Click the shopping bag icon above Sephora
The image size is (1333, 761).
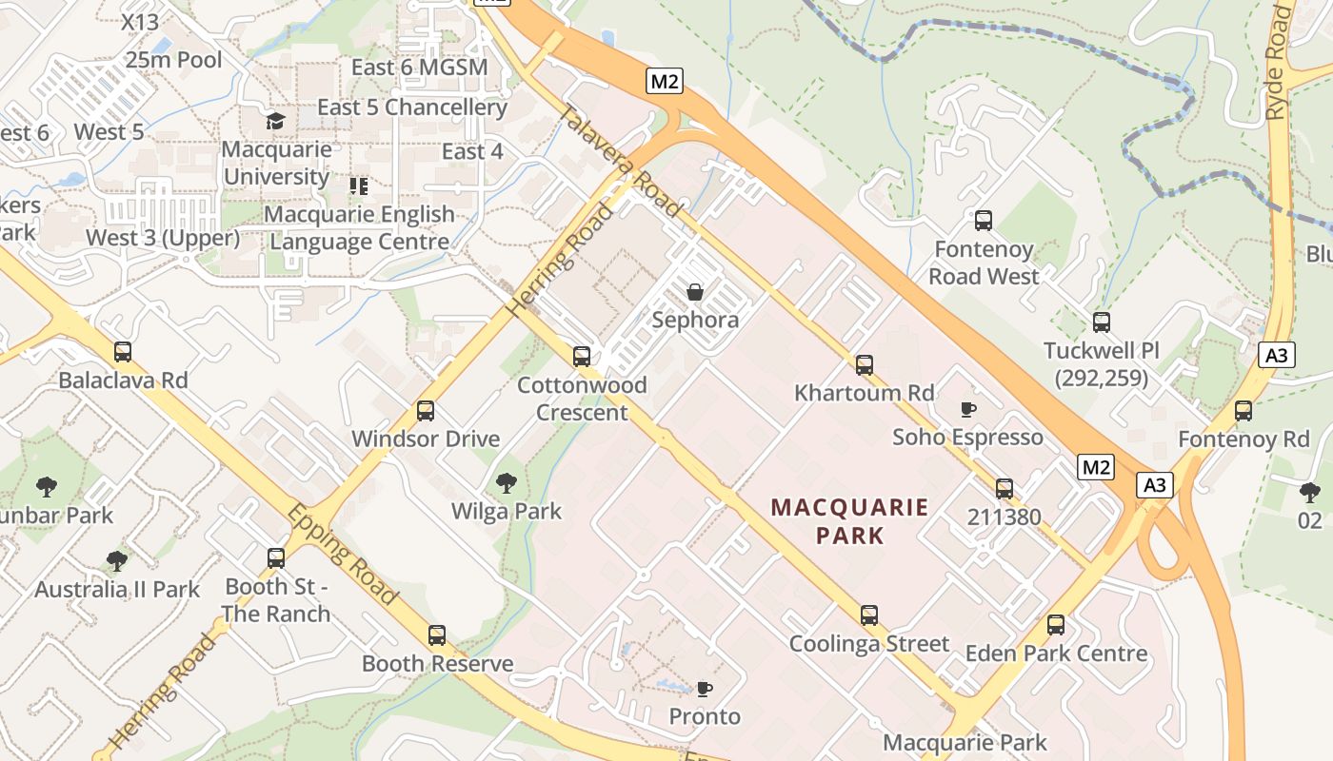(x=695, y=291)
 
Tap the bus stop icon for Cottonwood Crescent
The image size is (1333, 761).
(x=582, y=357)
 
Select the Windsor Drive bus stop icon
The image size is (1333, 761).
(x=426, y=411)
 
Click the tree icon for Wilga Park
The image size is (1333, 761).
(x=507, y=483)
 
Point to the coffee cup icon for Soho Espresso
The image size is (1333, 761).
(x=967, y=409)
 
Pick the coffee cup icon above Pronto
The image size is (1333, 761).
(x=705, y=688)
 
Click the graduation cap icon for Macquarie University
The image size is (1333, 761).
(x=276, y=121)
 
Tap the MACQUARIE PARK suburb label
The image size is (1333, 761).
(x=850, y=520)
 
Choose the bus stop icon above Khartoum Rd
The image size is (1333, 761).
(x=865, y=364)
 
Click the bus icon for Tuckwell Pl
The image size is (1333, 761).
(x=1102, y=322)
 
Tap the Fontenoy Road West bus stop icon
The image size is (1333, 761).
(x=984, y=221)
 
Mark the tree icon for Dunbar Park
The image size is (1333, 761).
(x=46, y=488)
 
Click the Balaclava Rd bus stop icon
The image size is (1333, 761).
(x=123, y=352)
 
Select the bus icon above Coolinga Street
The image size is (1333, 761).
(x=869, y=615)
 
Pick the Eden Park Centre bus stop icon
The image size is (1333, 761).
(x=1056, y=625)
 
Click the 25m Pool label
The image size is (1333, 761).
(x=173, y=60)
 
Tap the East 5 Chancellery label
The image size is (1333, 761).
(x=411, y=107)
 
